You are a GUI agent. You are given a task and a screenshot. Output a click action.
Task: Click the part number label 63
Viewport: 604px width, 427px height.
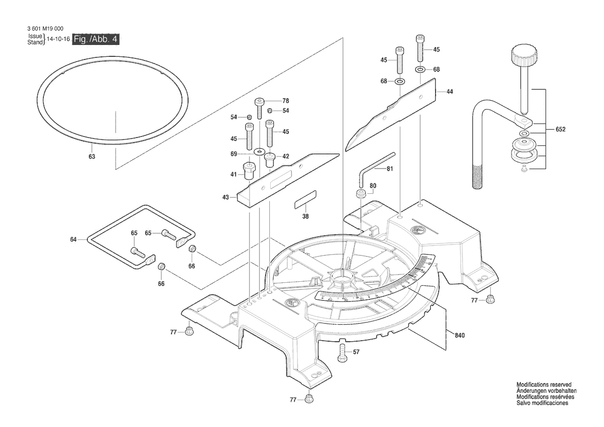tap(91, 156)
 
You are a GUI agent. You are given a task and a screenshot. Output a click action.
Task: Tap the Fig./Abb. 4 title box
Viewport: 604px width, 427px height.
tap(96, 40)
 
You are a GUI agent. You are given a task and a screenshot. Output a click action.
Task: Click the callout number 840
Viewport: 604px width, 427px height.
tap(460, 336)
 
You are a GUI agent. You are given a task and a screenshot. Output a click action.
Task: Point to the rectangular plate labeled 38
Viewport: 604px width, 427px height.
tap(305, 200)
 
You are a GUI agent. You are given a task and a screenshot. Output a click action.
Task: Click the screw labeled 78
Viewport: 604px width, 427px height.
tap(260, 108)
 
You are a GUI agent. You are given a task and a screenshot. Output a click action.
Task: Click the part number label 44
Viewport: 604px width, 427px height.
tap(450, 91)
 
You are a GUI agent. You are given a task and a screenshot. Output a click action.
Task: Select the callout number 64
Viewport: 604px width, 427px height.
tap(73, 239)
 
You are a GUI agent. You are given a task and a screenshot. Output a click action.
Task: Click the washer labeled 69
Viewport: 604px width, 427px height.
tap(257, 152)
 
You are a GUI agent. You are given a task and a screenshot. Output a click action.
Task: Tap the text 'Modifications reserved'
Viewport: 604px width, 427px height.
tap(544, 385)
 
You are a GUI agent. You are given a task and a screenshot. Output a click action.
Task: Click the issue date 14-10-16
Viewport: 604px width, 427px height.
tap(58, 39)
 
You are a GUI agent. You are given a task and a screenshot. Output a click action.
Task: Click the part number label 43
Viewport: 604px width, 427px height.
tap(225, 197)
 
